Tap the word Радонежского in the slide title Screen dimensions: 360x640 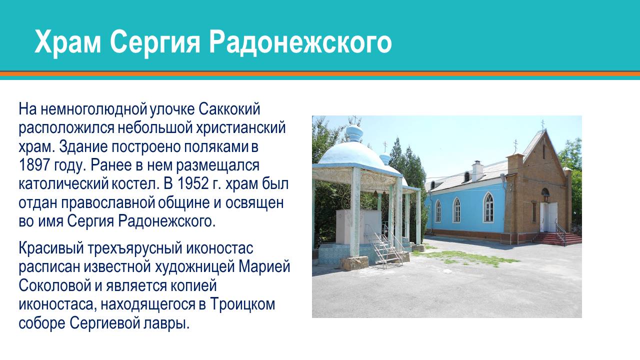300,41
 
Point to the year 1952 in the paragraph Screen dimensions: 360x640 190,183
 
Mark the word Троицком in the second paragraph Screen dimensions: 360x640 242,303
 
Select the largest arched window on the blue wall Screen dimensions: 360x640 488,207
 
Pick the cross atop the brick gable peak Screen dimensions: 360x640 542,123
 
